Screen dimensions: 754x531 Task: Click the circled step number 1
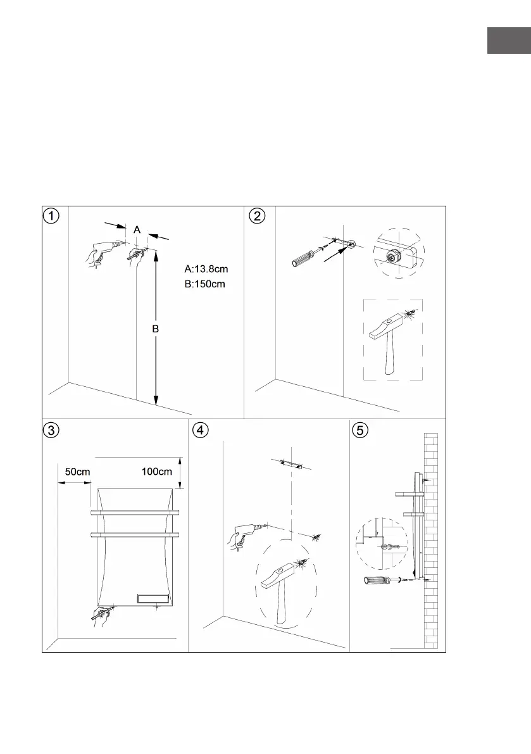[52, 216]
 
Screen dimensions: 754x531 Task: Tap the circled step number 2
[257, 216]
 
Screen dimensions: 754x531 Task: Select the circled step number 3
[52, 430]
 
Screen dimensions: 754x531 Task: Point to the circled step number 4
[201, 430]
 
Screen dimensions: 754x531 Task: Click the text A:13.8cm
[201, 270]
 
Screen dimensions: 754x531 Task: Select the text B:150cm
[204, 284]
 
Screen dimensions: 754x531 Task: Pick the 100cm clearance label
[157, 472]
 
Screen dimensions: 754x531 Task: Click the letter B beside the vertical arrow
[155, 330]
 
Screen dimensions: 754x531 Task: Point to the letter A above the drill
[137, 230]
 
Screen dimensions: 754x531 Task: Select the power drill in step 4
[244, 535]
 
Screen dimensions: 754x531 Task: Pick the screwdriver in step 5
[378, 579]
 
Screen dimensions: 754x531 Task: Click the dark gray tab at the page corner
[508, 41]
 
